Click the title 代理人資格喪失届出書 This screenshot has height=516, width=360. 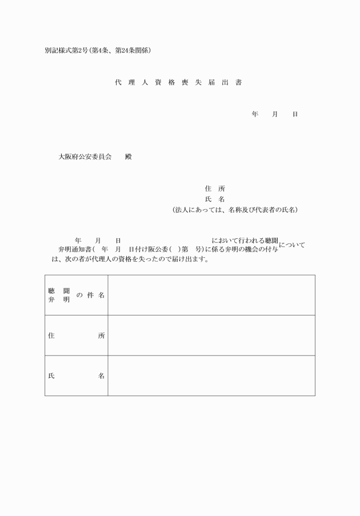point(178,83)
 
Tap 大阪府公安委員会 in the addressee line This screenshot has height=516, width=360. point(85,157)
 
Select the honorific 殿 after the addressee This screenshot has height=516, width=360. point(128,157)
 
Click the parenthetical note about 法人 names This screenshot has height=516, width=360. point(235,210)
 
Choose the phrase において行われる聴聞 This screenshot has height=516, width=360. point(245,241)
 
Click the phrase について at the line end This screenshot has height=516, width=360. point(291,245)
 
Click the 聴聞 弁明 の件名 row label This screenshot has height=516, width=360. point(77,295)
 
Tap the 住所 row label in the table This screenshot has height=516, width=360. point(77,335)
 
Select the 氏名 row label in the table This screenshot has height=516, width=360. point(77,375)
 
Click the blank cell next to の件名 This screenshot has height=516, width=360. point(211,295)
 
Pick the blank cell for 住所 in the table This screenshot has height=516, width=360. point(211,335)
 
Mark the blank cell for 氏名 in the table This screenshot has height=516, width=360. point(211,375)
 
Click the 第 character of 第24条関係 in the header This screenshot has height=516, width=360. point(116,50)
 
